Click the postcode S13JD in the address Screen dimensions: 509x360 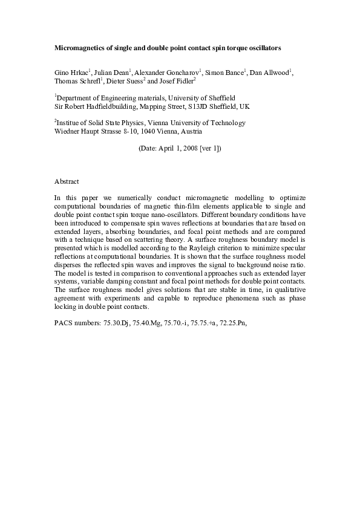(195, 106)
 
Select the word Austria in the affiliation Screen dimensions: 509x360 (191, 131)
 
